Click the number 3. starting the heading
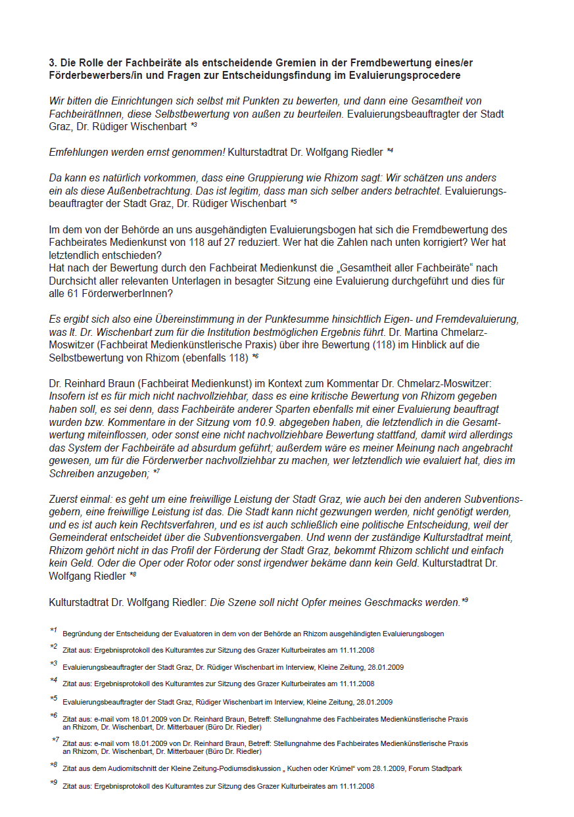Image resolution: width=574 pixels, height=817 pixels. pyautogui.click(x=53, y=63)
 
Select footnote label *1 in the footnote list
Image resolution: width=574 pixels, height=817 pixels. pyautogui.click(x=54, y=631)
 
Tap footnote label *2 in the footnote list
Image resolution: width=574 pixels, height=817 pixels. pyautogui.click(x=54, y=647)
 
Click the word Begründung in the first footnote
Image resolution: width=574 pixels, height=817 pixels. pyautogui.click(x=84, y=634)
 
